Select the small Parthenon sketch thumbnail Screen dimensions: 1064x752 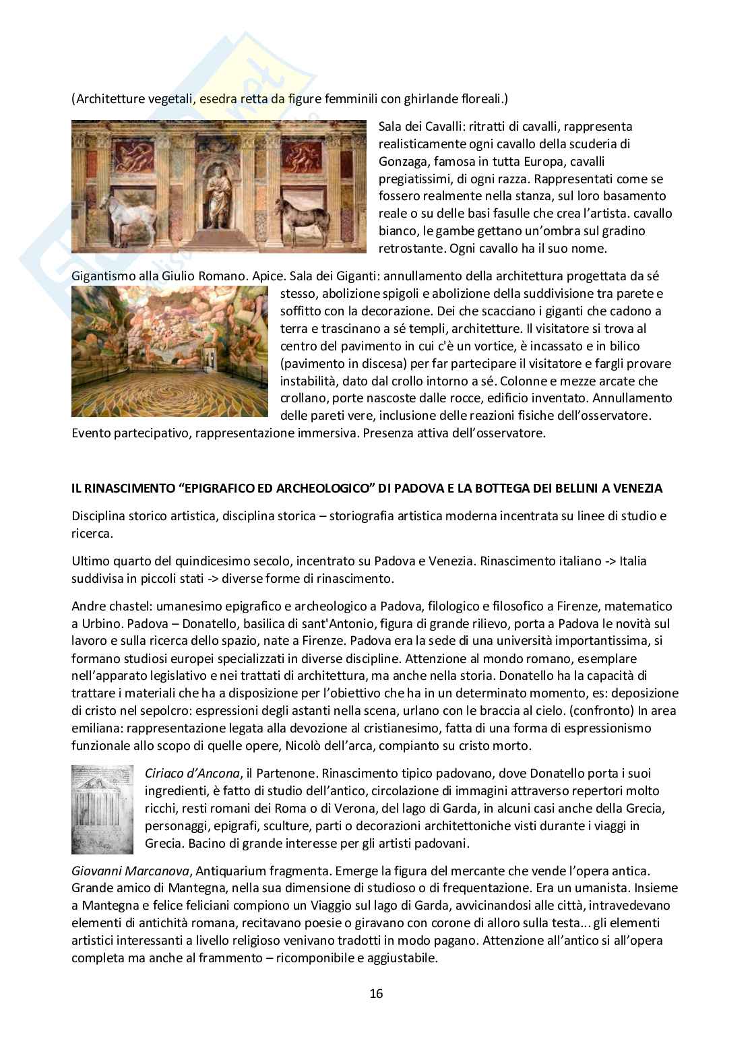coord(102,809)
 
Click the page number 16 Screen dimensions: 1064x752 coord(376,993)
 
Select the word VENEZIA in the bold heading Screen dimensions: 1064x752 coord(637,489)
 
